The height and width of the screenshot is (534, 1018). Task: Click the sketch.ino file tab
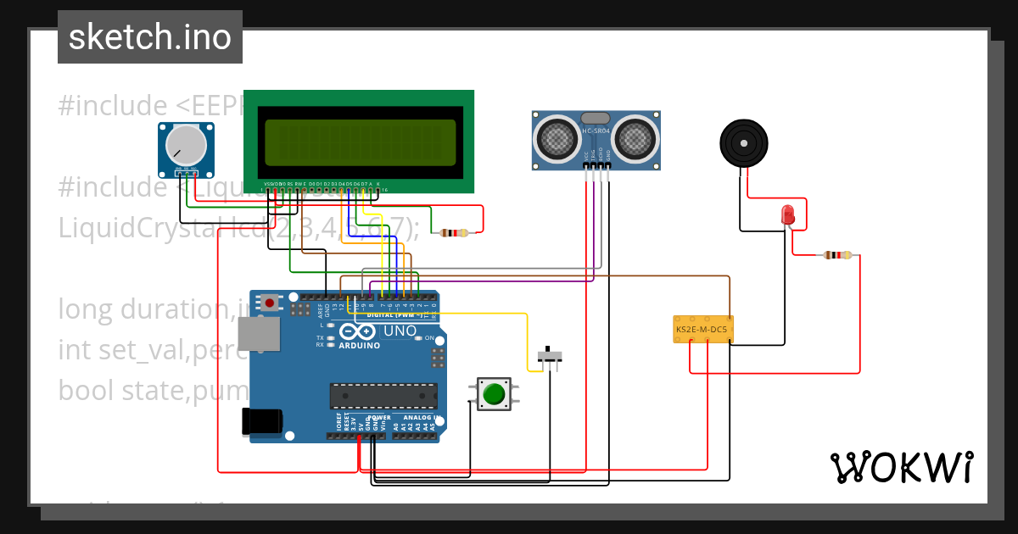[150, 37]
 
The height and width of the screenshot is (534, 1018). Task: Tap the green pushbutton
[493, 394]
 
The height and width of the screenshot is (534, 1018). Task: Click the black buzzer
[744, 142]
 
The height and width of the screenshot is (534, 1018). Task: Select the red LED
[787, 214]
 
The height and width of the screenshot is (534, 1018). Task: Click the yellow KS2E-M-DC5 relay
[703, 329]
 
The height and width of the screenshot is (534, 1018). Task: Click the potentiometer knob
[185, 144]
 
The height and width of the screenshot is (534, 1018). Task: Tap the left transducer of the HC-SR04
[556, 137]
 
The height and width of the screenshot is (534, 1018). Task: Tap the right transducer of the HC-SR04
[635, 137]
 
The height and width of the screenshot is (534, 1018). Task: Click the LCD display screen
[360, 142]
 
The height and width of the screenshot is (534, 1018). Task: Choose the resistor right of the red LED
[837, 255]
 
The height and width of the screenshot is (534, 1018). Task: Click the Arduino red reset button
[270, 302]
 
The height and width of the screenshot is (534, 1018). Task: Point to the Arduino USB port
[259, 334]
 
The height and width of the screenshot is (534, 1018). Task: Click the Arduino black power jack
[261, 421]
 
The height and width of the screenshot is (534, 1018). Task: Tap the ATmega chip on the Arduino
[383, 396]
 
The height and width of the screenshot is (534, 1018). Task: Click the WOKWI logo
[902, 467]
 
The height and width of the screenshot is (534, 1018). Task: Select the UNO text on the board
[400, 331]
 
